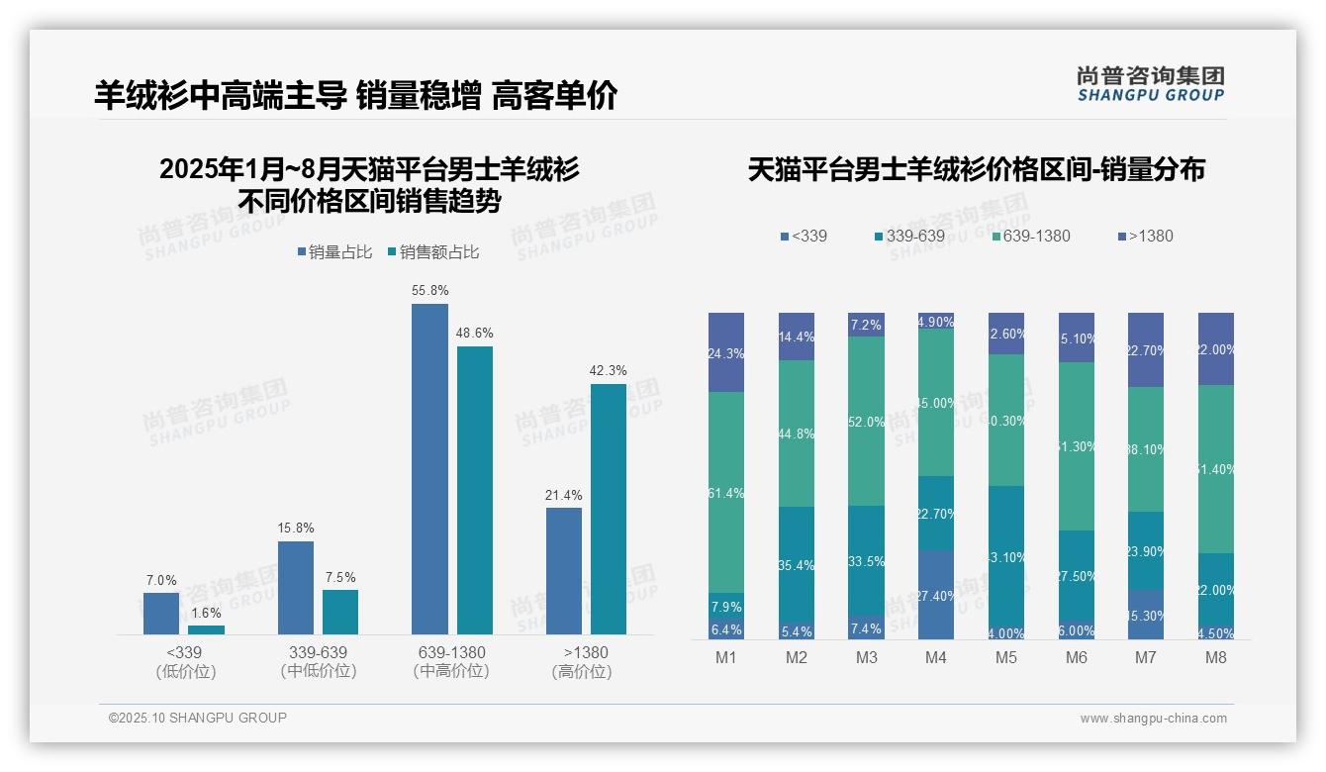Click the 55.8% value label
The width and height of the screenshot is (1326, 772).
click(x=429, y=291)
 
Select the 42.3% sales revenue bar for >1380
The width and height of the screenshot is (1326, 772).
click(x=608, y=509)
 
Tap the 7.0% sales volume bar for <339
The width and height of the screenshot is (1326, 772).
click(x=161, y=614)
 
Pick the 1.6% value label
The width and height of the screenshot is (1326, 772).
click(x=206, y=614)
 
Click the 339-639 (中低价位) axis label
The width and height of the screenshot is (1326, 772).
click(x=319, y=661)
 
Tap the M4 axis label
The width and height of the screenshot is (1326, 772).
click(x=935, y=658)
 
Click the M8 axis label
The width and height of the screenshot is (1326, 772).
click(x=1215, y=658)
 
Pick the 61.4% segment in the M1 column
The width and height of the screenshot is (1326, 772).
click(x=725, y=492)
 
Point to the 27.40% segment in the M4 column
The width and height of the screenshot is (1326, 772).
click(x=935, y=595)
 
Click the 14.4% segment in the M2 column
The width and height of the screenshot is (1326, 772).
click(x=796, y=337)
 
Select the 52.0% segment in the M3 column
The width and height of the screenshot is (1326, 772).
click(x=866, y=421)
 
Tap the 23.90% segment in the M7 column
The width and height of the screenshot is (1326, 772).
click(x=1146, y=550)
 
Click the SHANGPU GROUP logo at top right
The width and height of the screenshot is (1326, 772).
click(x=1150, y=83)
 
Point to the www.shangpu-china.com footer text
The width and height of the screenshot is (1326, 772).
click(x=1153, y=719)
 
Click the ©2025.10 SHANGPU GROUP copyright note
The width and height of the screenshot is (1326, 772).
click(x=198, y=718)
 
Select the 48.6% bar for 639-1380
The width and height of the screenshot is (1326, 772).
click(x=474, y=490)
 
